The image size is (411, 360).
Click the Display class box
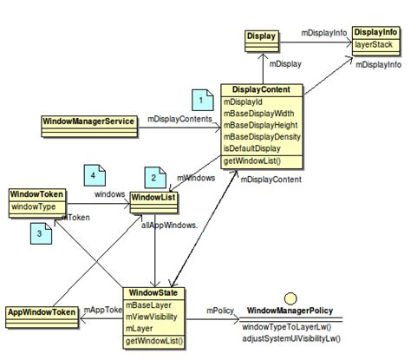260,36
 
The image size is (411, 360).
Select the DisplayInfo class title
375,31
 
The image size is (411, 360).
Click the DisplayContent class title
261,90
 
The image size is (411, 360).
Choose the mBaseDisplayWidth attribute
258,114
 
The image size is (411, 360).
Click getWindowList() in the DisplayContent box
252,161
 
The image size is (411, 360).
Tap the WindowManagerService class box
88,121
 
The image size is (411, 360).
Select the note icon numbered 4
93,173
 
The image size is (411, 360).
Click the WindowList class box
153,200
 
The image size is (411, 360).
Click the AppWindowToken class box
41,311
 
